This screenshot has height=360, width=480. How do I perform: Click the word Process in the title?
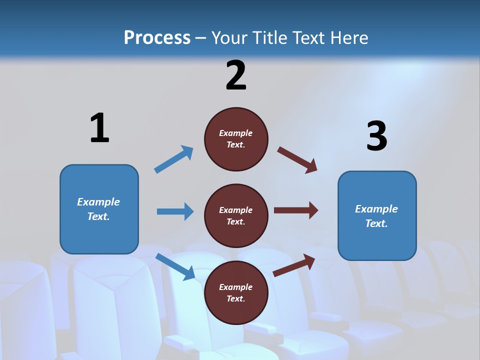coord(157,38)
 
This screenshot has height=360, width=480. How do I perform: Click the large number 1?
coord(99,128)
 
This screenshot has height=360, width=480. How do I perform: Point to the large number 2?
coord(236,75)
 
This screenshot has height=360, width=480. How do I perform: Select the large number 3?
coord(376,136)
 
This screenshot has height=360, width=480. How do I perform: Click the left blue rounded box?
coord(99,209)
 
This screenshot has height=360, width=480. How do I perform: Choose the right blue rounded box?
coord(377,216)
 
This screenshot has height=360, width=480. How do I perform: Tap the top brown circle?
coord(236,139)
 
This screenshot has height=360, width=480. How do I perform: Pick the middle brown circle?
coord(236,216)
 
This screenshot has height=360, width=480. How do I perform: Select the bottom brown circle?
coord(236,293)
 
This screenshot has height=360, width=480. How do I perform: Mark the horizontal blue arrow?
coord(175,211)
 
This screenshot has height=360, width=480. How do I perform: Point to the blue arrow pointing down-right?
coord(175,266)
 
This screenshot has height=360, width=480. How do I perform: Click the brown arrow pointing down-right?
coord(297,159)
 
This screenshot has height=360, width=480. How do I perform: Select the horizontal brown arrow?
coord(296,210)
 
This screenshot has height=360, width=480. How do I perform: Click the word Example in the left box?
coord(98,202)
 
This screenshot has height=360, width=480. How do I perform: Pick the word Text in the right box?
coord(376,223)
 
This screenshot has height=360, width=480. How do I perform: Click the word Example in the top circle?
coord(236,133)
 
